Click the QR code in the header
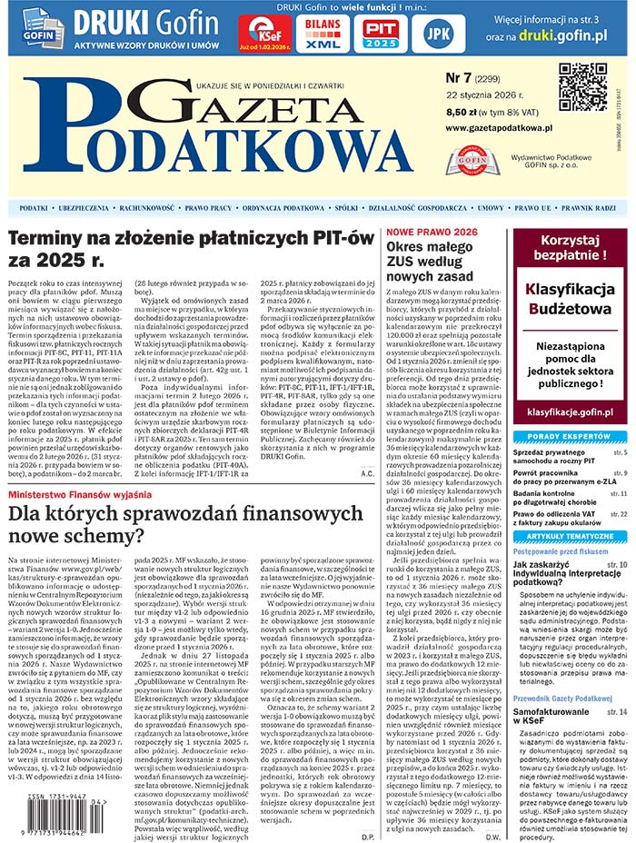[582, 87]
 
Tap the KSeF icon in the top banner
[264, 33]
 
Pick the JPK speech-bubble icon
[438, 33]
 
